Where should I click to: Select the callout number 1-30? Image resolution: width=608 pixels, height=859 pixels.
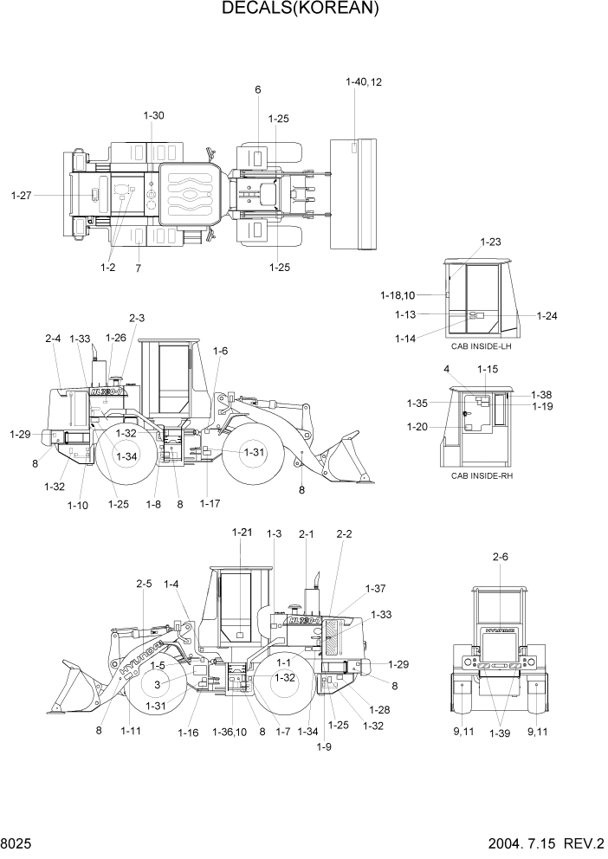point(153,115)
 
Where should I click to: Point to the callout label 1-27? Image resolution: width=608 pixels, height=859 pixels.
point(22,196)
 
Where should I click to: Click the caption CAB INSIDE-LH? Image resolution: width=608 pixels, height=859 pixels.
point(481,346)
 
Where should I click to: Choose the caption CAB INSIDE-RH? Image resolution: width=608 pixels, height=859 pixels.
point(481,475)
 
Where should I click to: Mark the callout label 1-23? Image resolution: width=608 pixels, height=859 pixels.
point(491,242)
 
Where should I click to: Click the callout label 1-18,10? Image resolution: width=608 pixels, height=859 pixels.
point(398,295)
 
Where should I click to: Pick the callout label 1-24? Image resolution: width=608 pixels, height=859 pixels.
point(547,316)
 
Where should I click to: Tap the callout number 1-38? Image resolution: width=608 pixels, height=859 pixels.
point(541,395)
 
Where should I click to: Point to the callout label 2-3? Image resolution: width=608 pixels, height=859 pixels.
point(137,318)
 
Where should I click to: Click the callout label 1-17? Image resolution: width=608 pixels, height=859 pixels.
point(210,503)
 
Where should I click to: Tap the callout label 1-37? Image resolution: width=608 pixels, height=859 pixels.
point(375,589)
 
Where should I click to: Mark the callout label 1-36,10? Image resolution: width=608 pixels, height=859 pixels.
point(229,733)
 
